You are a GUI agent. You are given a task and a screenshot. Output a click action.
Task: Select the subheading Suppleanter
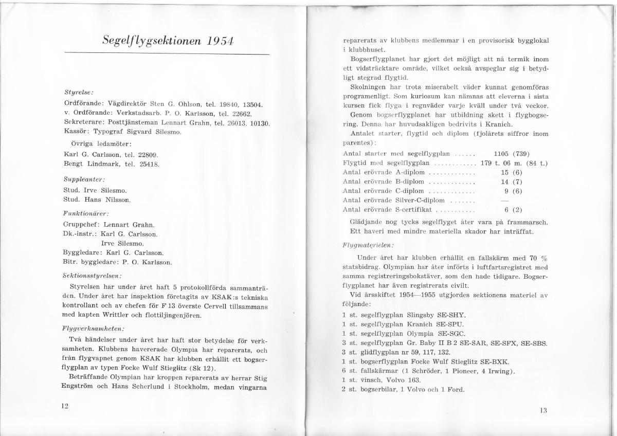tap(84, 180)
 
